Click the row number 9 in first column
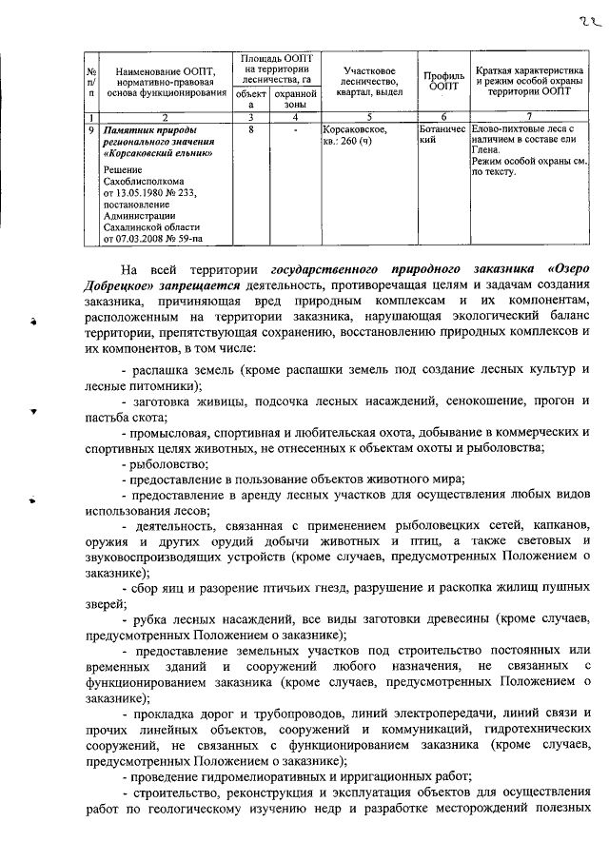90,126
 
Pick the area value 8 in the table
249,126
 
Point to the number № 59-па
187,239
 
